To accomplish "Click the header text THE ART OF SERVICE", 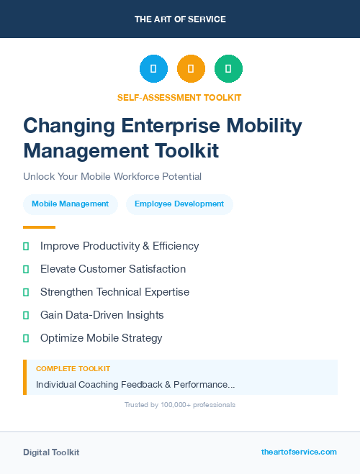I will [x=180, y=19].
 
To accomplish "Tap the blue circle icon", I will [x=153, y=69].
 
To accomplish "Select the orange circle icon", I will [x=191, y=69].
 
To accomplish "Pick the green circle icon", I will [x=228, y=69].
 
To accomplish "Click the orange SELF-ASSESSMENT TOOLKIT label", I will [x=180, y=97].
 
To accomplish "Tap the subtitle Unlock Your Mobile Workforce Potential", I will [x=112, y=176].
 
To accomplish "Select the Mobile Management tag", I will [x=70, y=204].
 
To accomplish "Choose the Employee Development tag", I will [x=179, y=204].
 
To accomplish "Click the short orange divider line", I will [x=39, y=227].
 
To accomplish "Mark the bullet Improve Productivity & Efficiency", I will [x=120, y=246].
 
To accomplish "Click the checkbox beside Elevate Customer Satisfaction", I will [x=26, y=269].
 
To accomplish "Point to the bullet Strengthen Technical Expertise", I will [x=114, y=292].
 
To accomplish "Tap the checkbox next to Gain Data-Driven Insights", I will [x=26, y=315].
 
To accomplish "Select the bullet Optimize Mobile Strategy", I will [x=102, y=338].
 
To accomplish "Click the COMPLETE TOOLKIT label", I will [x=73, y=368].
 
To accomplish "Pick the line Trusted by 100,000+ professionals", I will [x=180, y=405].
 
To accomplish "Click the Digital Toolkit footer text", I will [x=51, y=452].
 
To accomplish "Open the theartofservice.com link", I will [x=299, y=452].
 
